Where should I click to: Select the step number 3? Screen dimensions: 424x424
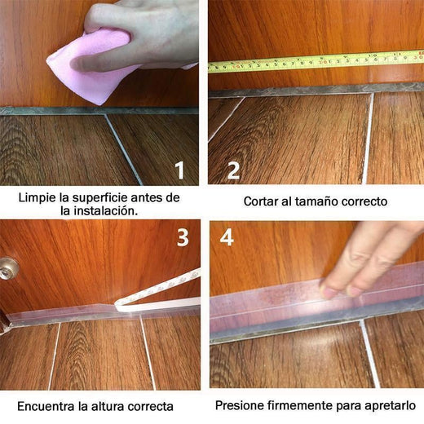coord(183,237)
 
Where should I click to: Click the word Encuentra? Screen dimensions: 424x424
coord(44,405)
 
